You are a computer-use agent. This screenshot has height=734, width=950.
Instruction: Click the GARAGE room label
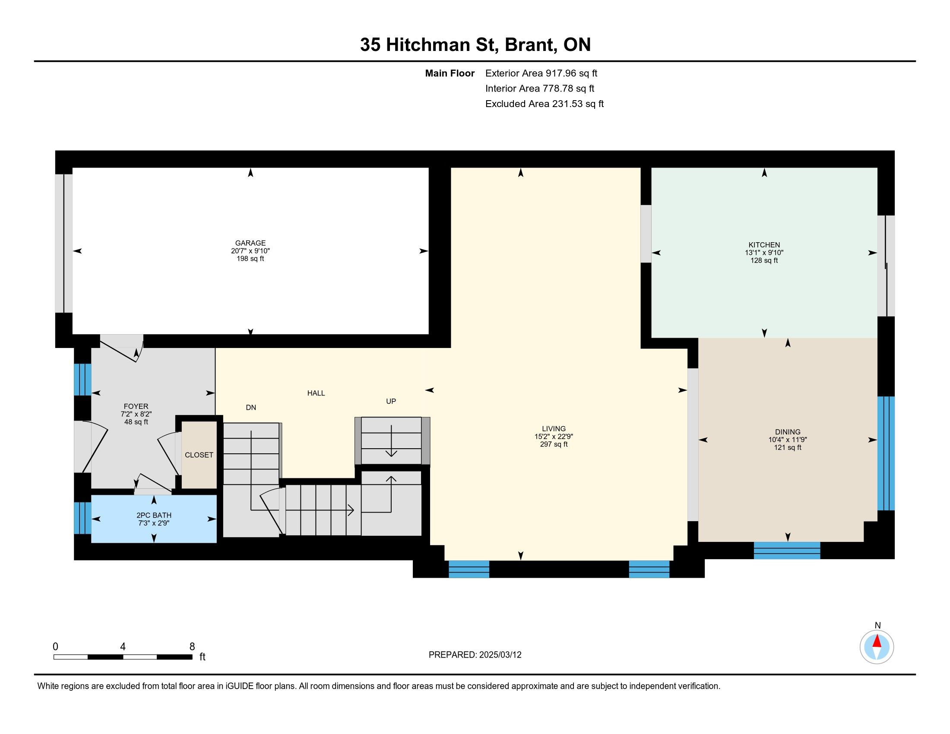pos(250,243)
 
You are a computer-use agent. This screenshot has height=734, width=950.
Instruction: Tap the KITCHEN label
pos(764,245)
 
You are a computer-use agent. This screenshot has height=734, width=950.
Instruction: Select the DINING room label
pos(788,432)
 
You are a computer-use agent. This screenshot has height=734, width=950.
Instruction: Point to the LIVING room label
pos(554,429)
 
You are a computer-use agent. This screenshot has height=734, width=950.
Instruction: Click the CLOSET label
pos(199,455)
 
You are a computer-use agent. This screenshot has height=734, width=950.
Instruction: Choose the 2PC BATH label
pos(154,515)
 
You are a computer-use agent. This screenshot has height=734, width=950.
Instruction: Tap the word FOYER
pos(136,407)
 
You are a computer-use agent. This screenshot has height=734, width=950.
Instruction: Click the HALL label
pos(316,393)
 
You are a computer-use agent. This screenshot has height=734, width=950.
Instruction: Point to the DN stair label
pos(251,408)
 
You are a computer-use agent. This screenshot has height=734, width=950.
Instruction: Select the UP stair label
pos(391,402)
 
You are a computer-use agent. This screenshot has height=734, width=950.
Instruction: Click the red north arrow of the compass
pos(877,641)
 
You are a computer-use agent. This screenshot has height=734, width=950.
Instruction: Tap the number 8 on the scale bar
pos(192,647)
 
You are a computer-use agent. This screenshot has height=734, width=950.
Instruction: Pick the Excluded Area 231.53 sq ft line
pos(545,104)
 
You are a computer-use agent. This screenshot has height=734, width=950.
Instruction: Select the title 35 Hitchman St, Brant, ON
pos(475,45)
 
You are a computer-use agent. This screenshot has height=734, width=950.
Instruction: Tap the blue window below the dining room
pos(787,550)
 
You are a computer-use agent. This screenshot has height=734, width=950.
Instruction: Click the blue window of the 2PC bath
pos(82,518)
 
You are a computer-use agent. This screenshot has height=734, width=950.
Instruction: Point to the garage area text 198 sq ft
pos(250,259)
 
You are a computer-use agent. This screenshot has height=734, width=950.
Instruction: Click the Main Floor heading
pos(450,73)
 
